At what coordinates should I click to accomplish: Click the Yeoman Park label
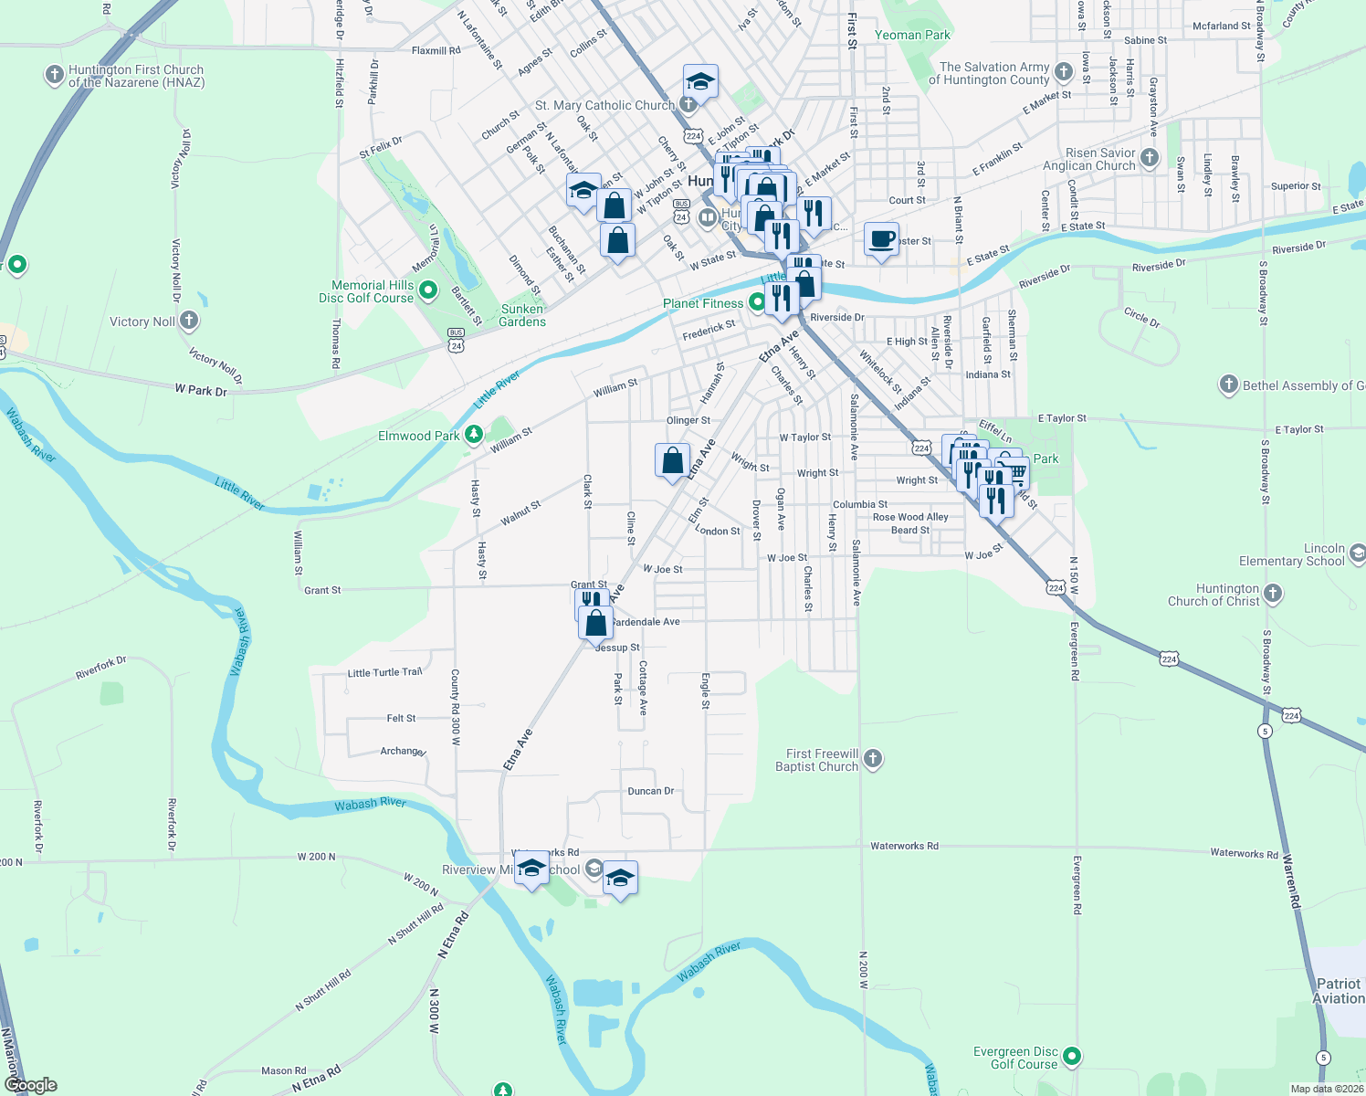[912, 35]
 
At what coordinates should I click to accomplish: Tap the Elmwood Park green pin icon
[473, 435]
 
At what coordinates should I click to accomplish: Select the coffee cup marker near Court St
[881, 239]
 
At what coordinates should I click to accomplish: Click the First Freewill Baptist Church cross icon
[873, 758]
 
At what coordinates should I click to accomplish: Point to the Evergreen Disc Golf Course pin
[1073, 1057]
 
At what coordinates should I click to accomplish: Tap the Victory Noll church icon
[189, 321]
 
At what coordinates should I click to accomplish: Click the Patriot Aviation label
[1340, 991]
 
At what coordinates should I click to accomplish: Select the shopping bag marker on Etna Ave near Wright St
[672, 460]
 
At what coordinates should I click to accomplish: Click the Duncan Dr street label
[651, 791]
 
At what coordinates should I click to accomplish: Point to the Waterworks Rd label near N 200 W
[904, 846]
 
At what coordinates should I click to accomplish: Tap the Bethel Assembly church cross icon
[1228, 385]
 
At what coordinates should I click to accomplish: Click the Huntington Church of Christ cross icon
[1273, 595]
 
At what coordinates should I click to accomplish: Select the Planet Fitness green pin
[756, 301]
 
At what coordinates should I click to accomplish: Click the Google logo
[30, 1085]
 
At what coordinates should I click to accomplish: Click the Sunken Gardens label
[523, 315]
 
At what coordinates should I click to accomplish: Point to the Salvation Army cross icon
[1063, 72]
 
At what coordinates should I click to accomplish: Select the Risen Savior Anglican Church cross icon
[1150, 158]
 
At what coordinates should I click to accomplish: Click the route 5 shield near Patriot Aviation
[1323, 1058]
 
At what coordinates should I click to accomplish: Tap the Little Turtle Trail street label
[384, 673]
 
